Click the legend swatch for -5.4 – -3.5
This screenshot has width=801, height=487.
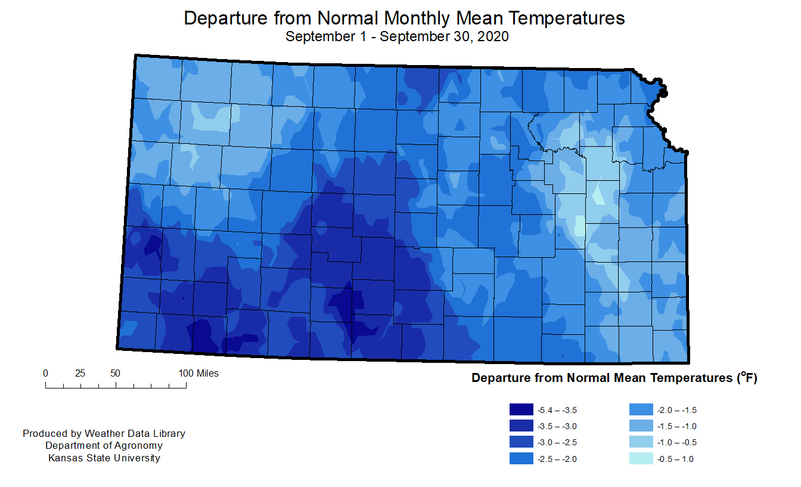tap(521, 409)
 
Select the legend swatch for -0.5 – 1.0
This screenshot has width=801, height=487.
tap(641, 459)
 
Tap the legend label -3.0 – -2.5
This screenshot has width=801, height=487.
tap(557, 443)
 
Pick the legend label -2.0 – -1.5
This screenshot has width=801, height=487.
tap(677, 411)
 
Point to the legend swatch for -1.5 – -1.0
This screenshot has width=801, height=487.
tap(641, 426)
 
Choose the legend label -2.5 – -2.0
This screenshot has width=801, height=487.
tap(557, 459)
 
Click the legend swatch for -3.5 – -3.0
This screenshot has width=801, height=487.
tap(521, 426)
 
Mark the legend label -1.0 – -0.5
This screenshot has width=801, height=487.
tap(677, 443)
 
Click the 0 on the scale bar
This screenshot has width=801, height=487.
tap(45, 374)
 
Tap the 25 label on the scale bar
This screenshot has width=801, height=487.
tap(80, 374)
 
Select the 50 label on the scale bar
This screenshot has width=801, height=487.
tap(115, 374)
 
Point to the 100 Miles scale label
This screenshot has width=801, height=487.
tap(198, 374)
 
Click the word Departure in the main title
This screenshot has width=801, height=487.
tap(226, 19)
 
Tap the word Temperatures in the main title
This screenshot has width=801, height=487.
tap(566, 19)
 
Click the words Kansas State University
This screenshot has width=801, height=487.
tap(104, 458)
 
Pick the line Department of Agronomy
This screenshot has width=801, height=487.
tap(104, 446)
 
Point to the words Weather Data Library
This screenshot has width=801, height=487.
tap(135, 434)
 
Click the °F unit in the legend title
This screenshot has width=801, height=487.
tap(747, 377)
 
